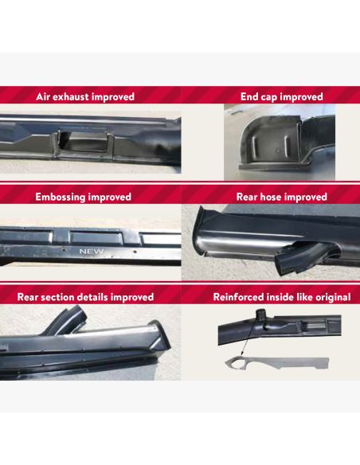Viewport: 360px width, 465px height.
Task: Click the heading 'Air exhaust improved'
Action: point(85,96)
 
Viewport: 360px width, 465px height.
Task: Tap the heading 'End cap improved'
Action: point(282,96)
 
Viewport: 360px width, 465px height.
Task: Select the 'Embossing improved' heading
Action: point(84,197)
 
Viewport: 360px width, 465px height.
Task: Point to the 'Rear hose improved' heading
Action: point(282,197)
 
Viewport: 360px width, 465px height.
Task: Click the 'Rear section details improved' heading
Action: point(85,297)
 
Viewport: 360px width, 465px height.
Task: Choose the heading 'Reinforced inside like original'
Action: point(282,297)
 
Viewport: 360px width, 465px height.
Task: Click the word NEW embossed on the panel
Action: point(92,252)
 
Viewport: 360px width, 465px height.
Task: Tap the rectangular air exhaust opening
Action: point(84,141)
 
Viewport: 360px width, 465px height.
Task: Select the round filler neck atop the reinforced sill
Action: point(260,314)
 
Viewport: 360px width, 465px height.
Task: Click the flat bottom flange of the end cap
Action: point(275,166)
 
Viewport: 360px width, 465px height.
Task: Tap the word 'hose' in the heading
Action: point(271,197)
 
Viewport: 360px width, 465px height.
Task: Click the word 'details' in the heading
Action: point(94,297)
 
